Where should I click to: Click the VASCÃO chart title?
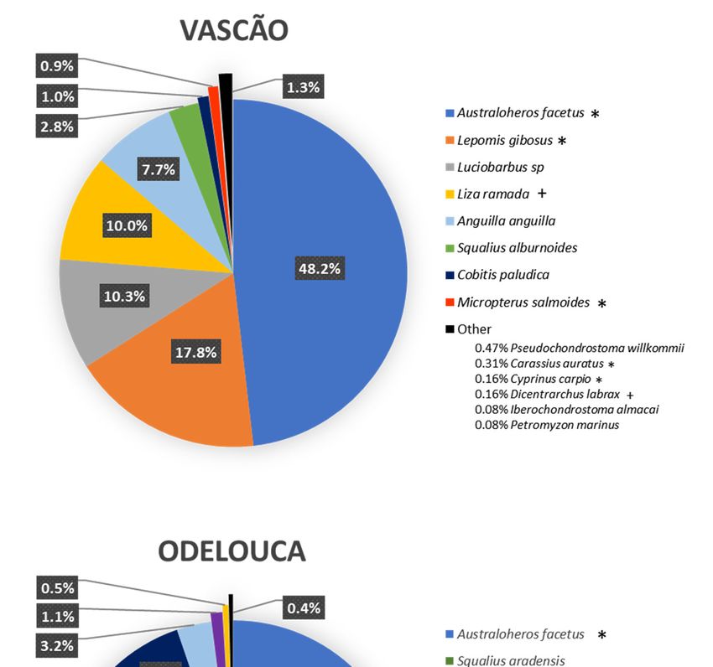234,31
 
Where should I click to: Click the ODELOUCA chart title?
232,551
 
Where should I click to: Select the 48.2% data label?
323,268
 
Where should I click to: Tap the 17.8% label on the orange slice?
196,352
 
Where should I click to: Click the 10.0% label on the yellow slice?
127,225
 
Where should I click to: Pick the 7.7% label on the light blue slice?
158,170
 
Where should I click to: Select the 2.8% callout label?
58,127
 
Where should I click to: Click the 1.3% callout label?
302,87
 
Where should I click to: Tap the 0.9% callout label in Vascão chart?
58,65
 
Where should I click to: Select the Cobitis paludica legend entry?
503,275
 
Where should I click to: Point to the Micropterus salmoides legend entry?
520,302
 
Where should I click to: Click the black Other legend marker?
450,329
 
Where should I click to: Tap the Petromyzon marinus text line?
547,425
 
